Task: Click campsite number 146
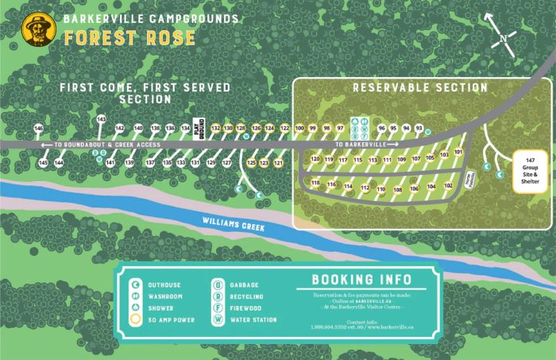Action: click(x=38, y=128)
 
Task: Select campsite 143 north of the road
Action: click(x=101, y=119)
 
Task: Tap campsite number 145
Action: click(x=43, y=162)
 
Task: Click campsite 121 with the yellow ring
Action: click(x=278, y=163)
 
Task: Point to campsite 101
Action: click(x=458, y=152)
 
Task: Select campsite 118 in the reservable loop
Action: click(x=315, y=184)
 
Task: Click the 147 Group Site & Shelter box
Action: click(x=530, y=170)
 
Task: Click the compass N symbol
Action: click(x=504, y=38)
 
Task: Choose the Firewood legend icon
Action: click(x=215, y=308)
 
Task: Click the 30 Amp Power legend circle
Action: click(x=135, y=319)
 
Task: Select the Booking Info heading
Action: click(x=361, y=280)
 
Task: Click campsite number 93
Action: click(x=419, y=128)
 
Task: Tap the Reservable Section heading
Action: click(x=420, y=87)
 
